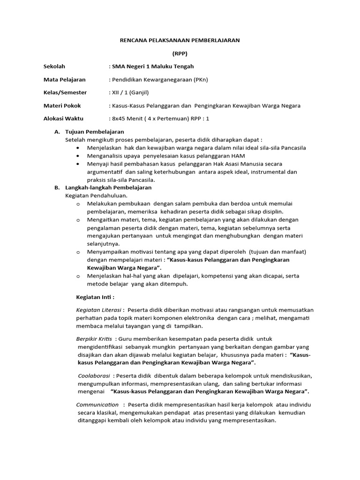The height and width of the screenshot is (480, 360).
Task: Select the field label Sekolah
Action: tap(54, 67)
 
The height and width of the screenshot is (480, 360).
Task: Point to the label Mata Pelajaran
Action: tap(65, 80)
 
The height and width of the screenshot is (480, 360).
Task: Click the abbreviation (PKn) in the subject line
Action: tap(200, 80)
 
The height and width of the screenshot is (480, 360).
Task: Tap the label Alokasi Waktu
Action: tap(65, 119)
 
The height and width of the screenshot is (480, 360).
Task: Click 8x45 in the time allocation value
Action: tap(118, 119)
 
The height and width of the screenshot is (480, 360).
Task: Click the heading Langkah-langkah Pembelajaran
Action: tap(108, 187)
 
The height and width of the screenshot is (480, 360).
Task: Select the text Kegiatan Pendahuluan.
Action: tap(97, 195)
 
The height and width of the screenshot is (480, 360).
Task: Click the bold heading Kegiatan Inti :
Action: tap(95, 297)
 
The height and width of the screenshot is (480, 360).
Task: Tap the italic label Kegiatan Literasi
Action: tap(99, 310)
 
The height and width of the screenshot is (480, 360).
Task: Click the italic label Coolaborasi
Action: tap(94, 376)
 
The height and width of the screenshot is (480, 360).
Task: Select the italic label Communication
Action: tap(97, 405)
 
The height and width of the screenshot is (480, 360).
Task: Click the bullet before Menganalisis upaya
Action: tap(77, 156)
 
